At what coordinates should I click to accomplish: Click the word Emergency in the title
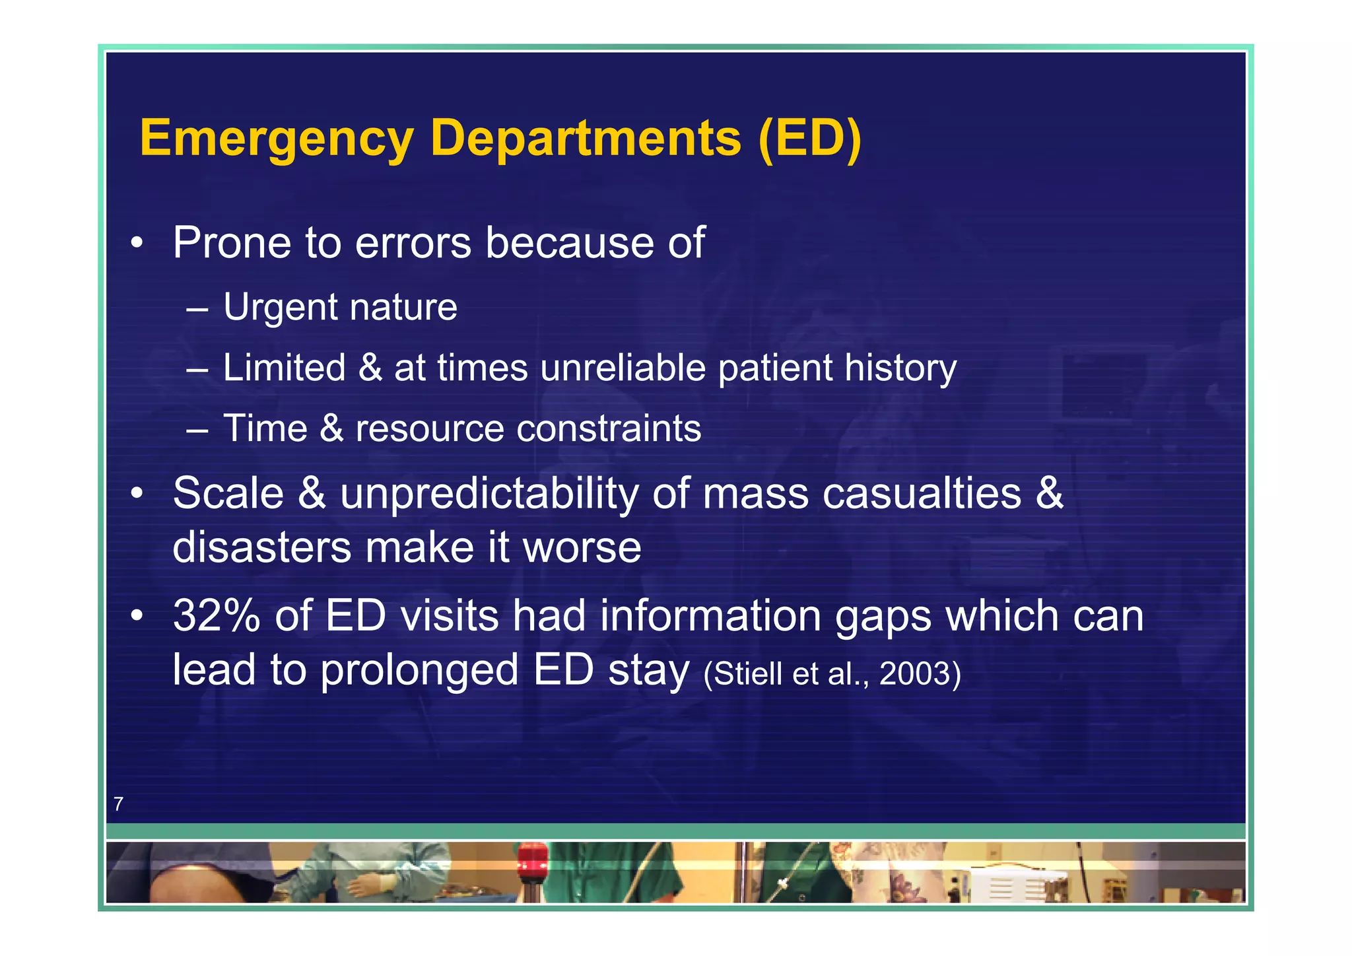point(276,139)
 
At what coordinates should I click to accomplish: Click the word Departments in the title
point(586,139)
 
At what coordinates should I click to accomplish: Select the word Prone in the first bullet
point(232,243)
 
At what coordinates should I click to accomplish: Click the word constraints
point(609,428)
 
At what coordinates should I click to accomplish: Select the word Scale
point(228,493)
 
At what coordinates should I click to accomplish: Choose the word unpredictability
point(489,495)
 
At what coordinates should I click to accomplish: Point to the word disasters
point(261,547)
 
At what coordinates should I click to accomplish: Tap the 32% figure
point(217,616)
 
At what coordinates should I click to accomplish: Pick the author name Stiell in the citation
point(748,674)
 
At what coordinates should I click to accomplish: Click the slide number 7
point(118,803)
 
